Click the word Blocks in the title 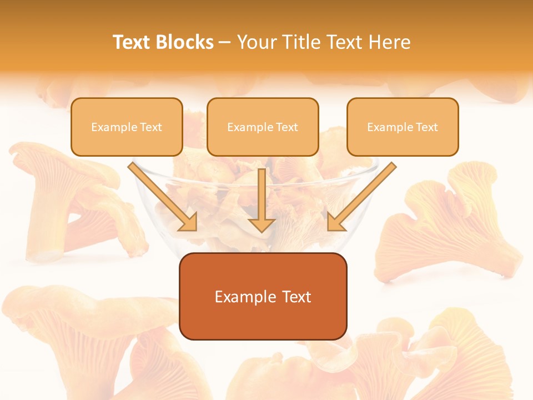(184, 42)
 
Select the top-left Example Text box (127, 127)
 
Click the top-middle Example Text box (263, 127)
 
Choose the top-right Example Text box (403, 127)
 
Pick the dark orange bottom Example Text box (263, 296)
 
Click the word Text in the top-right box (426, 127)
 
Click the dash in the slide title (225, 43)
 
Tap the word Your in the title (258, 42)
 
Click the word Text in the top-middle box (286, 127)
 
